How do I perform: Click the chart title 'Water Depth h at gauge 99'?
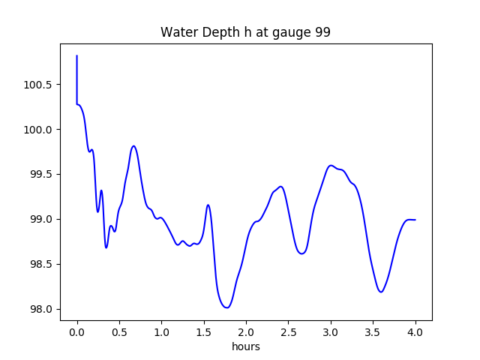pos(245,33)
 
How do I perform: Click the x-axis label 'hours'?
pos(245,347)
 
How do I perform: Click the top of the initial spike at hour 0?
pos(77,55)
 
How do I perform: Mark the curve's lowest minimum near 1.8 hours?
pos(226,307)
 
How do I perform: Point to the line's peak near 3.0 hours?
pos(331,165)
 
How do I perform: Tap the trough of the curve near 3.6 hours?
pos(381,292)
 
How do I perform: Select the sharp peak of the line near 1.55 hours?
pos(208,205)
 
